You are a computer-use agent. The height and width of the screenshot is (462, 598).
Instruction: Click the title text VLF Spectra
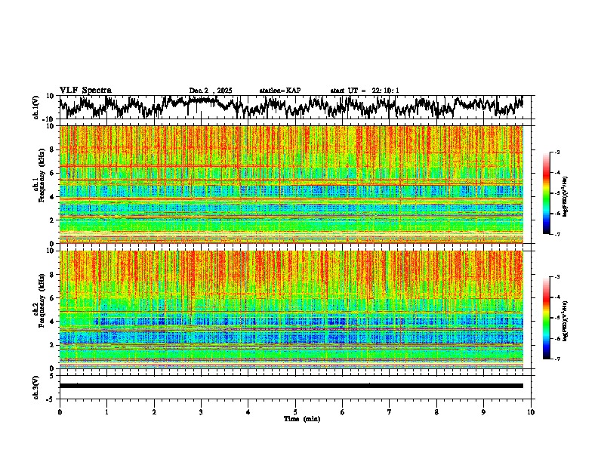[85, 90]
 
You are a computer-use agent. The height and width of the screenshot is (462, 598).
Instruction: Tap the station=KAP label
[279, 91]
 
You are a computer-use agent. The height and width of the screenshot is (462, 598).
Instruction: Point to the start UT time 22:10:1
[365, 91]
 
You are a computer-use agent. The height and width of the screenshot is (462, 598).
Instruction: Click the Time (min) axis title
[301, 418]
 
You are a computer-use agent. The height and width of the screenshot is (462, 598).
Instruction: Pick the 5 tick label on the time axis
[295, 411]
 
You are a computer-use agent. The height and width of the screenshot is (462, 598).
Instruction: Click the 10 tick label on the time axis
[531, 411]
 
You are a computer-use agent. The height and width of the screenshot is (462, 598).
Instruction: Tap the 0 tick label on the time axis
[60, 411]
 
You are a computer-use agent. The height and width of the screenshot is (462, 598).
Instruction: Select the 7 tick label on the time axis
[390, 411]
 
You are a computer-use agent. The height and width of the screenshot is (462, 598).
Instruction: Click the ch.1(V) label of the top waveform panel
[35, 107]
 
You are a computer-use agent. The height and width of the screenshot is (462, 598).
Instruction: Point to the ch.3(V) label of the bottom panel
[35, 386]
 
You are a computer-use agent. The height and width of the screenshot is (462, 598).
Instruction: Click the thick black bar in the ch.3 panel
[291, 386]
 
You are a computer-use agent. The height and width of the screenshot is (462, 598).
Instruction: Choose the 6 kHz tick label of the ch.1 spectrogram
[54, 173]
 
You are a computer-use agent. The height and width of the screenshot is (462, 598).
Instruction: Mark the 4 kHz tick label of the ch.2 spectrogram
[54, 321]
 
